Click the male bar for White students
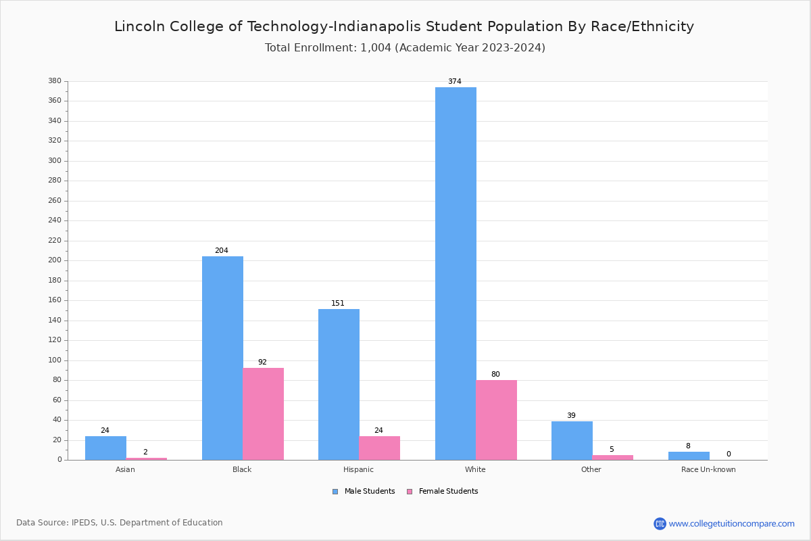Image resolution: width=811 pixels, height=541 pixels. (x=456, y=273)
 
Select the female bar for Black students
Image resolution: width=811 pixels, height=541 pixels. (x=264, y=414)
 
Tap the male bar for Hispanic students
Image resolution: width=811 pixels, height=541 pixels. (x=339, y=384)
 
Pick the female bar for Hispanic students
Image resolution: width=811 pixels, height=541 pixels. (x=380, y=448)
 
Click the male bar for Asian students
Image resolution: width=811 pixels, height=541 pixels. (x=105, y=448)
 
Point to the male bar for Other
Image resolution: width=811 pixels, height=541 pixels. (x=572, y=440)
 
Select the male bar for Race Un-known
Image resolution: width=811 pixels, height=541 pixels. (x=689, y=456)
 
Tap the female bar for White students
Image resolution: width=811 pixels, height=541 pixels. (x=496, y=420)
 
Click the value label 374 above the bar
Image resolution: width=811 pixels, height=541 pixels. (x=455, y=82)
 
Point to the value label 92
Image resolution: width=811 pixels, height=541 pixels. (x=262, y=362)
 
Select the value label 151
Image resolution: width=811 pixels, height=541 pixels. (x=338, y=304)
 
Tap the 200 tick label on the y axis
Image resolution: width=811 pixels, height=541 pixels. (x=55, y=260)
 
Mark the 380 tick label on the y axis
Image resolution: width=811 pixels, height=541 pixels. (x=55, y=81)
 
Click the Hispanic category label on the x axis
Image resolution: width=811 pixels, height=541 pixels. (x=358, y=469)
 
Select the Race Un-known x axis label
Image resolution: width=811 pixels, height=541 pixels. (x=708, y=469)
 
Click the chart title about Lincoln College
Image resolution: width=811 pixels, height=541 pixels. (x=404, y=26)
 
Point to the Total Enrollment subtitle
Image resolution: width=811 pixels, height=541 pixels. (x=405, y=48)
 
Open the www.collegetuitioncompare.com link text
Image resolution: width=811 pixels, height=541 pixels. (x=731, y=523)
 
